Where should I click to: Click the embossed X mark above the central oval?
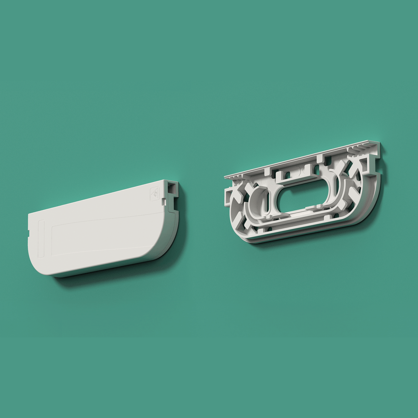point(302,171)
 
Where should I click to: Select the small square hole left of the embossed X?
point(288,173)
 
